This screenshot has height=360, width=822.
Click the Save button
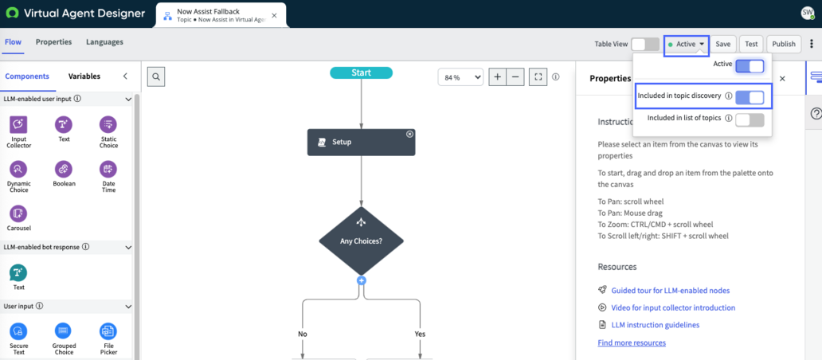(x=723, y=44)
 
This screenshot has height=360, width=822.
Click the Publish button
(x=784, y=44)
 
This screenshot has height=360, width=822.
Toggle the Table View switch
(x=645, y=44)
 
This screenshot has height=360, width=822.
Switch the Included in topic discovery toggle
(x=750, y=97)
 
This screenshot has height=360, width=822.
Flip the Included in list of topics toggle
(x=750, y=120)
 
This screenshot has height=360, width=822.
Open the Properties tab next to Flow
(x=53, y=42)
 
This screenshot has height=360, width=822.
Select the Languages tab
(x=105, y=42)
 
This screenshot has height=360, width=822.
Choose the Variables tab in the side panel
(x=84, y=76)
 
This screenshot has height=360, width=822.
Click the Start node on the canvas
(x=361, y=72)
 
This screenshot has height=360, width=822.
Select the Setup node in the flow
(x=361, y=142)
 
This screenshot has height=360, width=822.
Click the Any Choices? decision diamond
(x=361, y=241)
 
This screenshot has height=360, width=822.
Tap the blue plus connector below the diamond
(x=361, y=280)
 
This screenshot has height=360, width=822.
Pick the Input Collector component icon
(x=19, y=125)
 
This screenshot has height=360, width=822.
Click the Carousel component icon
(x=19, y=213)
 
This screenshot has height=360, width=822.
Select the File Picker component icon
(x=108, y=331)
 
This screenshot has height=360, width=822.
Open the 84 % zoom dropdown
(x=460, y=77)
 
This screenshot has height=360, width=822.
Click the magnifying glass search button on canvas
(x=156, y=76)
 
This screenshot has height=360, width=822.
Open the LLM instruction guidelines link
(x=656, y=325)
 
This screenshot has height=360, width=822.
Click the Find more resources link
(x=632, y=342)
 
